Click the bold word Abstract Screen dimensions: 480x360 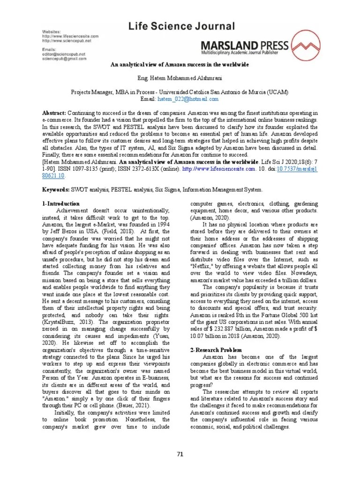click(54, 113)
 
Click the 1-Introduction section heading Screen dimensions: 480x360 click(61, 204)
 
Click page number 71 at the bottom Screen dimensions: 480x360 click(180, 454)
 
